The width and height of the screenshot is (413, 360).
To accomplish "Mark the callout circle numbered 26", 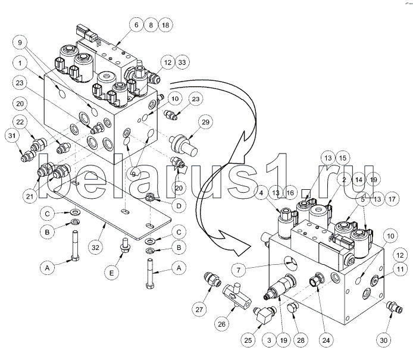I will tap(221, 324).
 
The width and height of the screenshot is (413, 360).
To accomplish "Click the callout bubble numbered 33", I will tap(182, 62).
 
